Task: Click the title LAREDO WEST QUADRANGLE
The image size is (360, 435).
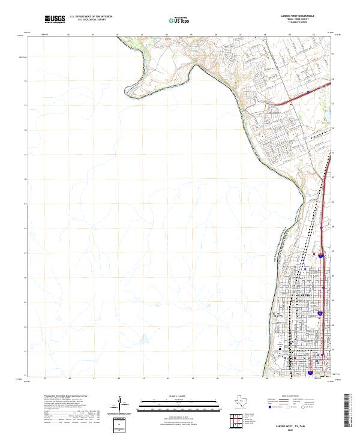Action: pos(297,16)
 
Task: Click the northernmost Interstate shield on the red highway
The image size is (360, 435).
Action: pos(322,256)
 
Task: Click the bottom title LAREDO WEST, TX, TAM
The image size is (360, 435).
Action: pos(299,425)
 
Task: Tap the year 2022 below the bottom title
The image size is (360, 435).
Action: pos(299,429)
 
